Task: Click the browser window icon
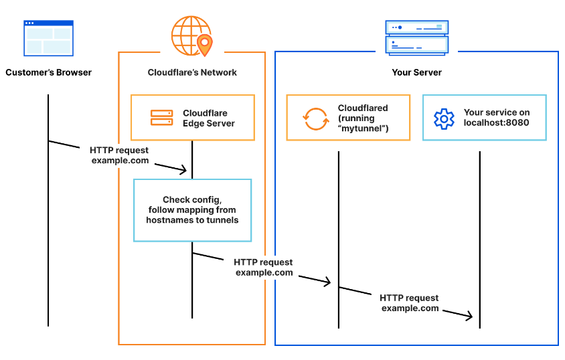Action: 48,38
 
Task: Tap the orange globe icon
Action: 191,36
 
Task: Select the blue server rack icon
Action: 417,37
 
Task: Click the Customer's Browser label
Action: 49,72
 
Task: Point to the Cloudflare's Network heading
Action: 192,72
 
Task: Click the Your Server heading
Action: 417,72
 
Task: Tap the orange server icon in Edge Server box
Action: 161,118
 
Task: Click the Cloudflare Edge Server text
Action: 209,118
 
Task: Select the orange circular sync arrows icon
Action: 316,118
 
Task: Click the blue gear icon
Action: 444,119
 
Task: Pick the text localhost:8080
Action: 496,122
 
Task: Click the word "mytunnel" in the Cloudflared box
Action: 364,128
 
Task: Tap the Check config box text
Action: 192,209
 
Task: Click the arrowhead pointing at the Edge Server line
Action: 184,170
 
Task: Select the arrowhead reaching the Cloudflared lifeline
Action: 327,282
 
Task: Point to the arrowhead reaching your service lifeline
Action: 469,316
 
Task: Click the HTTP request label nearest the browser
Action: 119,155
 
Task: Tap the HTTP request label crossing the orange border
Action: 263,267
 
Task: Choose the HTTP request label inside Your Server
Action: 409,302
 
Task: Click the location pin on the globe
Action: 205,45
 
